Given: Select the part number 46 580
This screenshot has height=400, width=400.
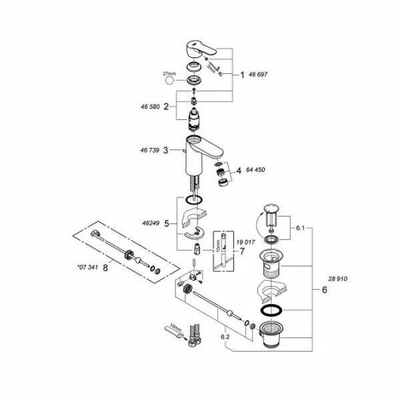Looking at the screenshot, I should pyautogui.click(x=152, y=105).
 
